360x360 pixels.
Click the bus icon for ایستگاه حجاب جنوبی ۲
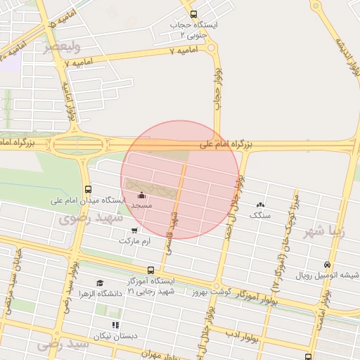coord(193,14)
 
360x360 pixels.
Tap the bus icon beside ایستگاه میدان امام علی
coord(88,189)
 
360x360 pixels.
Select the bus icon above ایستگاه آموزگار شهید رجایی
coord(150,270)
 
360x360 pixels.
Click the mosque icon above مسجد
coord(142,195)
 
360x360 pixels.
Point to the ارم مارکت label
coord(135,240)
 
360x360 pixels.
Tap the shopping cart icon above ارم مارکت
coord(134,230)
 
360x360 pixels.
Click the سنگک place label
coord(260,215)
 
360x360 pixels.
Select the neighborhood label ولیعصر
coord(62,46)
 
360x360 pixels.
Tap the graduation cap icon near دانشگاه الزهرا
coord(100,283)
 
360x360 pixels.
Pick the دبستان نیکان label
coord(115,336)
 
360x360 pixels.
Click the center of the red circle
coord(180,180)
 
